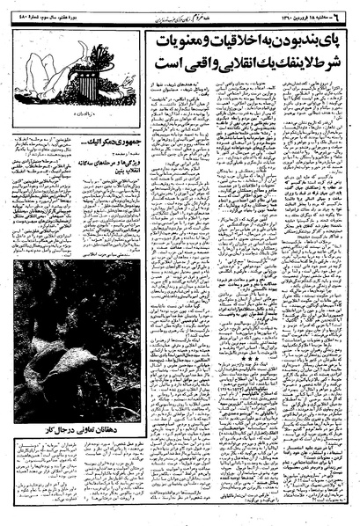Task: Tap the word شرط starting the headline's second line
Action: tap(334, 66)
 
